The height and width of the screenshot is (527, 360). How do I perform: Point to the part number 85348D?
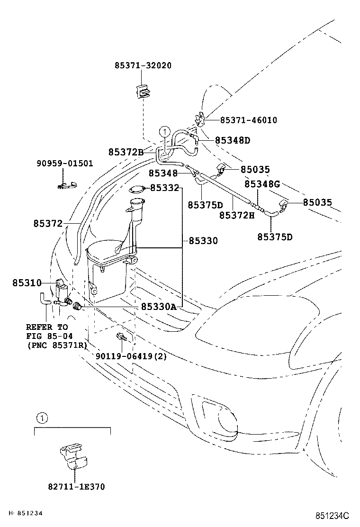pyautogui.click(x=232, y=140)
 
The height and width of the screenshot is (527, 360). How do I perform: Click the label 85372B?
pyautogui.click(x=126, y=152)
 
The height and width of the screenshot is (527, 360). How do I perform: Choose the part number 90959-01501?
pyautogui.click(x=65, y=164)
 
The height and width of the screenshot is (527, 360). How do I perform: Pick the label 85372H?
pyautogui.click(x=236, y=215)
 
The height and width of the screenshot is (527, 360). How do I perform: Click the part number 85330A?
pyautogui.click(x=158, y=307)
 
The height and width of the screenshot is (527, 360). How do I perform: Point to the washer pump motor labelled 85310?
pyautogui.click(x=61, y=290)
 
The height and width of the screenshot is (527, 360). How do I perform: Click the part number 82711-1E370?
pyautogui.click(x=76, y=487)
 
